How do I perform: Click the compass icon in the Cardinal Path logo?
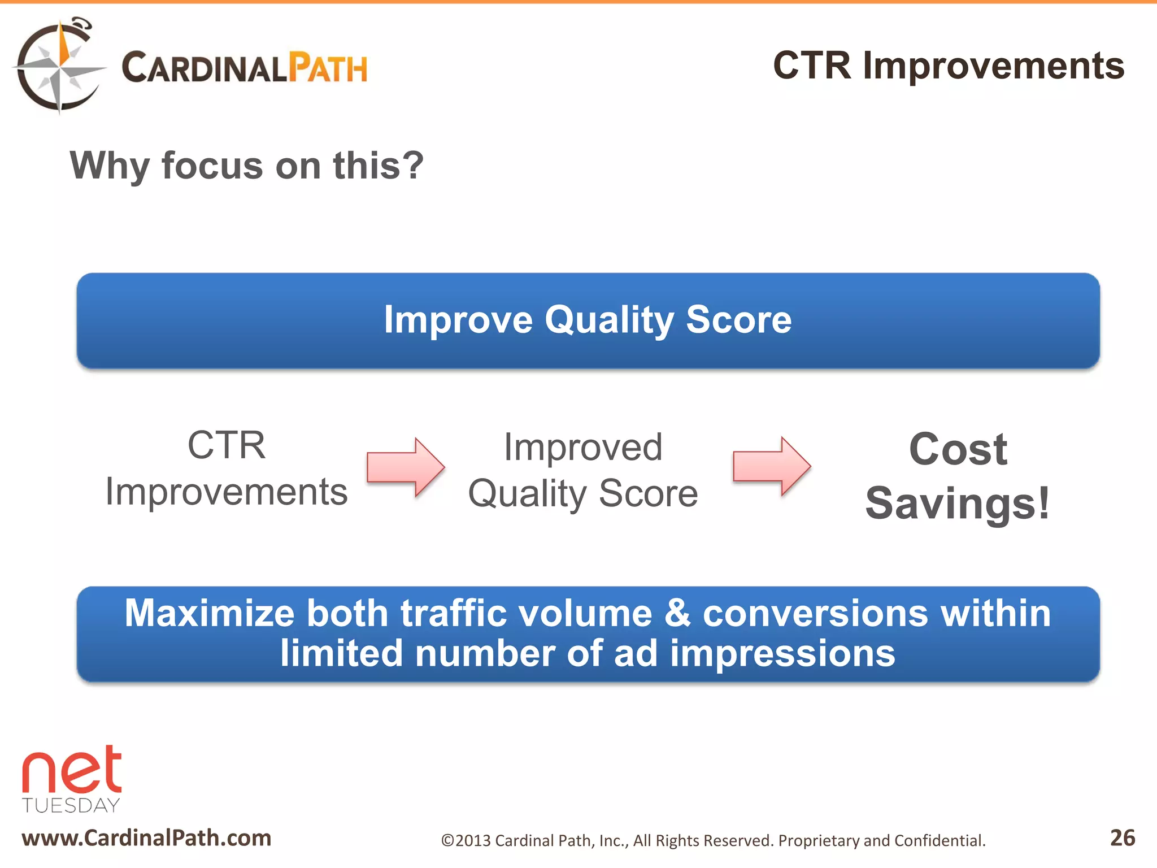59,67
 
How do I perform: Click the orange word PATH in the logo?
328,68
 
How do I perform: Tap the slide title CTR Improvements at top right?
948,66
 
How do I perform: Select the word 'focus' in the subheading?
212,166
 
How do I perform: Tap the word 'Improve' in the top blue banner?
458,320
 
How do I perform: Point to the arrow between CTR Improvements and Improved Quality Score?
405,467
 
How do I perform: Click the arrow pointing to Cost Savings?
771,466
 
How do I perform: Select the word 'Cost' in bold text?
958,450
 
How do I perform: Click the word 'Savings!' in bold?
958,503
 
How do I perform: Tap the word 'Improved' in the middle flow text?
582,448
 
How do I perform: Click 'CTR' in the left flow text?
226,445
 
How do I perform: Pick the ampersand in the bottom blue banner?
677,613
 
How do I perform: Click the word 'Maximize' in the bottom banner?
210,613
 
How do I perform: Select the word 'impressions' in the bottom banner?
782,653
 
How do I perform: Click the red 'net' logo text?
72,771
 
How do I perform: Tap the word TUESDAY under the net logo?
71,805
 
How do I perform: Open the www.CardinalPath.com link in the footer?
146,837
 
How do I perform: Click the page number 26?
1122,837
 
